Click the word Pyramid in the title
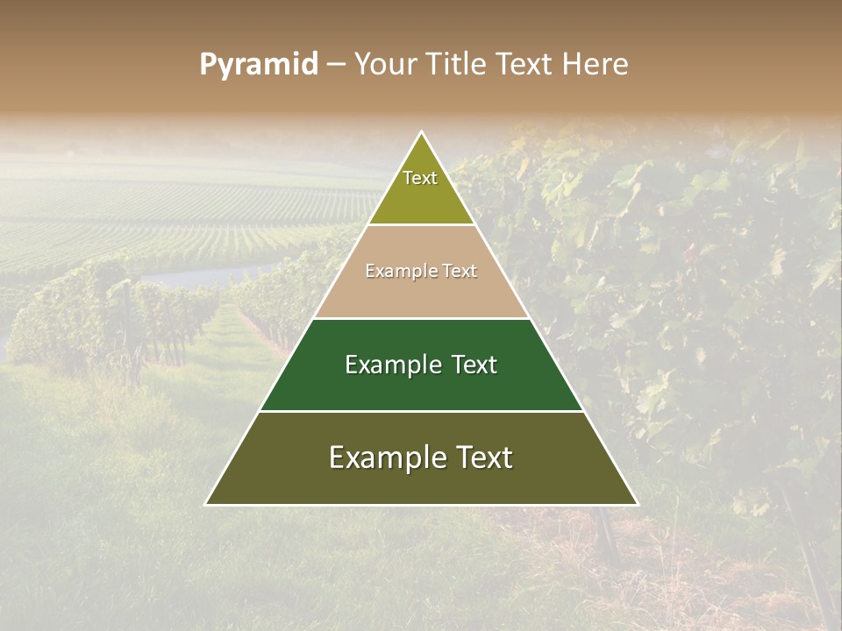coord(259,64)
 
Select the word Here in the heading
coord(596,64)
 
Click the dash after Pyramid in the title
coord(335,65)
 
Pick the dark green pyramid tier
coord(421,386)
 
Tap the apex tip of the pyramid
coord(422,134)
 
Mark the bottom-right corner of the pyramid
coord(636,503)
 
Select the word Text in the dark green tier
coord(475,365)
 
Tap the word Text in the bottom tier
coord(484,457)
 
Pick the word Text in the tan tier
coord(460,272)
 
